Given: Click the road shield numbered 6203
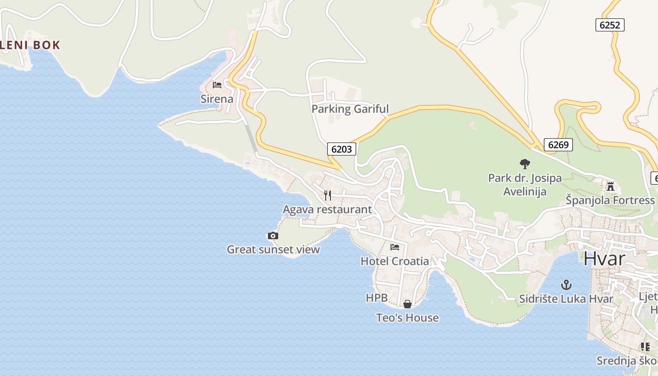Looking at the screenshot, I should point(342,149).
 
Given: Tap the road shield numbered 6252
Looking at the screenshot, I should point(610,25).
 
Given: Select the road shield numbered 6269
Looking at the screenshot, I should point(558,145).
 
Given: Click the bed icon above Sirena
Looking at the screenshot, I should point(217,85).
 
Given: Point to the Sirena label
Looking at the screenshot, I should point(217,99).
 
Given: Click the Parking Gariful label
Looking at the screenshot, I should point(350,109).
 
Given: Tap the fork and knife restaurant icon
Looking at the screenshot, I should point(328,195).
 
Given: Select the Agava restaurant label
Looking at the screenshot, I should point(327,210).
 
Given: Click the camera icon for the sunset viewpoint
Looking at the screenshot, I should point(273,235).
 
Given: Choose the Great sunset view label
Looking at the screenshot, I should point(273,250).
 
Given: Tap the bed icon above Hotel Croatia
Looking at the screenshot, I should point(395,247).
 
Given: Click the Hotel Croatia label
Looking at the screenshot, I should point(395,261).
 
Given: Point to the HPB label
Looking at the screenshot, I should point(376,298).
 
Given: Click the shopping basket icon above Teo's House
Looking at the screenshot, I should point(407,304).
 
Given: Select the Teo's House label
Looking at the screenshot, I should point(407,318).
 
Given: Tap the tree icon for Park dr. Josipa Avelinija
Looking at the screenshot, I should point(525,164).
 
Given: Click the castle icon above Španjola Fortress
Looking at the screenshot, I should point(611,186).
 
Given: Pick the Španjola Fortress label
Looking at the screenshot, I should point(610,200).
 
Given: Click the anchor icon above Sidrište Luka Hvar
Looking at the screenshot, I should point(566,284).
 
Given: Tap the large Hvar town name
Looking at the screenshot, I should point(604,258).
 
